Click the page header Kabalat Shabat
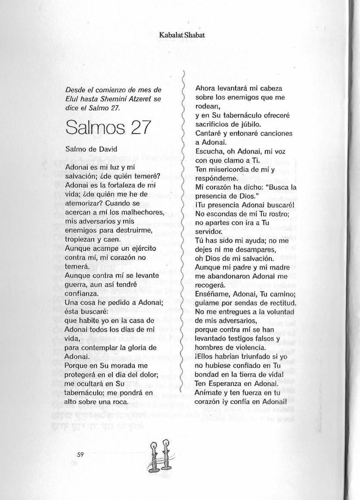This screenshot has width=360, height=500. tap(178, 36)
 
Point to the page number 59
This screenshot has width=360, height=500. tap(80, 454)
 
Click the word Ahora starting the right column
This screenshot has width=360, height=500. tap(205, 88)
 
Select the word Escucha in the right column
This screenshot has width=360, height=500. tap(209, 151)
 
